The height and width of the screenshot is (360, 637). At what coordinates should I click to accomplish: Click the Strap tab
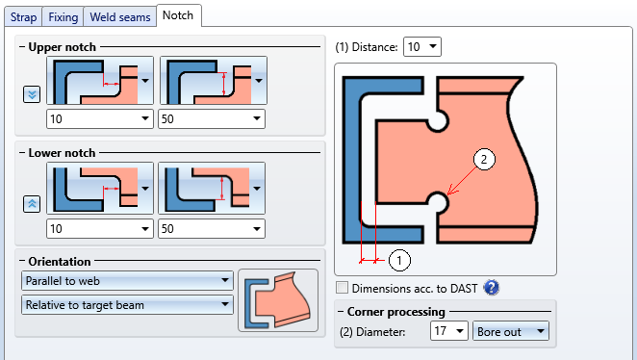[x=23, y=17]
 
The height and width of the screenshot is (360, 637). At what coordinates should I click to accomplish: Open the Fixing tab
[x=63, y=17]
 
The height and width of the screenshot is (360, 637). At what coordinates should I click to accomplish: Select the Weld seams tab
[x=120, y=17]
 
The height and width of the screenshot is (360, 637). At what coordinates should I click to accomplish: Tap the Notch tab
[x=178, y=15]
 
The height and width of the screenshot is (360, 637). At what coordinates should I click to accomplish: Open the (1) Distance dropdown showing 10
[x=422, y=47]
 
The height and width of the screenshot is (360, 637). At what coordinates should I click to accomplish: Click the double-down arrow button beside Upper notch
[x=32, y=94]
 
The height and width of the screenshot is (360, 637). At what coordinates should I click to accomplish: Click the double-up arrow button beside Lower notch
[x=32, y=203]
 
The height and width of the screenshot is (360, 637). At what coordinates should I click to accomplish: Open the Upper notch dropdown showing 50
[x=212, y=119]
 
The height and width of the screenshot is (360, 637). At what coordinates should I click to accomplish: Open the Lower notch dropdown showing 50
[x=212, y=229]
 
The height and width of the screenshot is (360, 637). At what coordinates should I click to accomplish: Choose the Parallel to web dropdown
[x=127, y=281]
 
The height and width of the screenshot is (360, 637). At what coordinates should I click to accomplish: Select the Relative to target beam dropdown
[x=127, y=305]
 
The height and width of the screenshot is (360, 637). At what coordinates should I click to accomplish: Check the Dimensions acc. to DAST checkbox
[x=342, y=288]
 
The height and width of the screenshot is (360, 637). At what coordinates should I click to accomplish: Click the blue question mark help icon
[x=492, y=288]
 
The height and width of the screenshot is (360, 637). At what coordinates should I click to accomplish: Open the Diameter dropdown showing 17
[x=449, y=331]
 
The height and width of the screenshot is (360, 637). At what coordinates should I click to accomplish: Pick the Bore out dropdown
[x=511, y=331]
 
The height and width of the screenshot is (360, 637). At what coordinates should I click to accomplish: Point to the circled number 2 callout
[x=484, y=159]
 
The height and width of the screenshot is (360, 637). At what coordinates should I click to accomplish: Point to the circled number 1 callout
[x=399, y=261]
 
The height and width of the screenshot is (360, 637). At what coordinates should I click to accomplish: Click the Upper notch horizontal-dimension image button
[x=100, y=81]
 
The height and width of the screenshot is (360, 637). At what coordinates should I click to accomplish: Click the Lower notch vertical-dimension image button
[x=212, y=188]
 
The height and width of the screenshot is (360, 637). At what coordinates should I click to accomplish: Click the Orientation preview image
[x=278, y=300]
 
